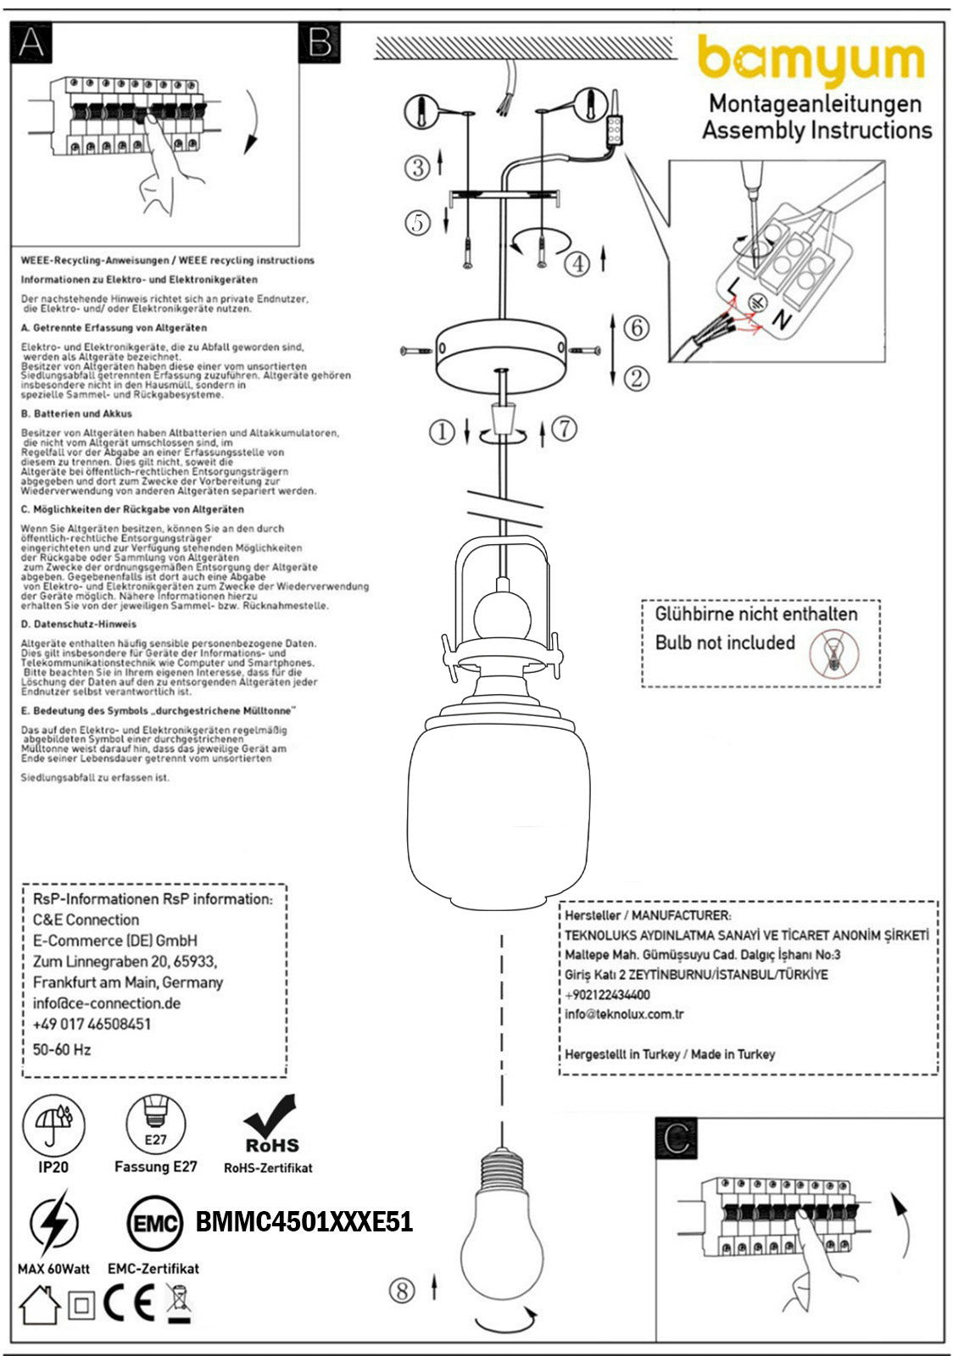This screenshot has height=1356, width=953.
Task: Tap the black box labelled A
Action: click(x=31, y=42)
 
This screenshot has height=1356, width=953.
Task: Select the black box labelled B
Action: click(x=320, y=42)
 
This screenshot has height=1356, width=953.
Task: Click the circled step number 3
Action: click(x=417, y=167)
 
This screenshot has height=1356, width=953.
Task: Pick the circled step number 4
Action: click(x=577, y=264)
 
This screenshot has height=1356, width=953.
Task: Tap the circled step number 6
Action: click(x=636, y=327)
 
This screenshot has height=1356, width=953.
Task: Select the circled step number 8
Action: click(x=402, y=1291)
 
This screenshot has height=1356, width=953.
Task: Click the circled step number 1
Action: click(x=442, y=432)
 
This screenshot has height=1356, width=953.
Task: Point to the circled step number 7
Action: click(x=564, y=429)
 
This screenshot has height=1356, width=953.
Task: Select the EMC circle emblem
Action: click(x=154, y=1223)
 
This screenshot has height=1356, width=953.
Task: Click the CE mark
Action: click(x=129, y=1304)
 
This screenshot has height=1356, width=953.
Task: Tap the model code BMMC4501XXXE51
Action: click(x=304, y=1222)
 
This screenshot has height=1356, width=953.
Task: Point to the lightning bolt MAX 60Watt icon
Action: click(x=53, y=1224)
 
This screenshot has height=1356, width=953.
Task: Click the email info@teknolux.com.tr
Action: click(x=624, y=1014)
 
